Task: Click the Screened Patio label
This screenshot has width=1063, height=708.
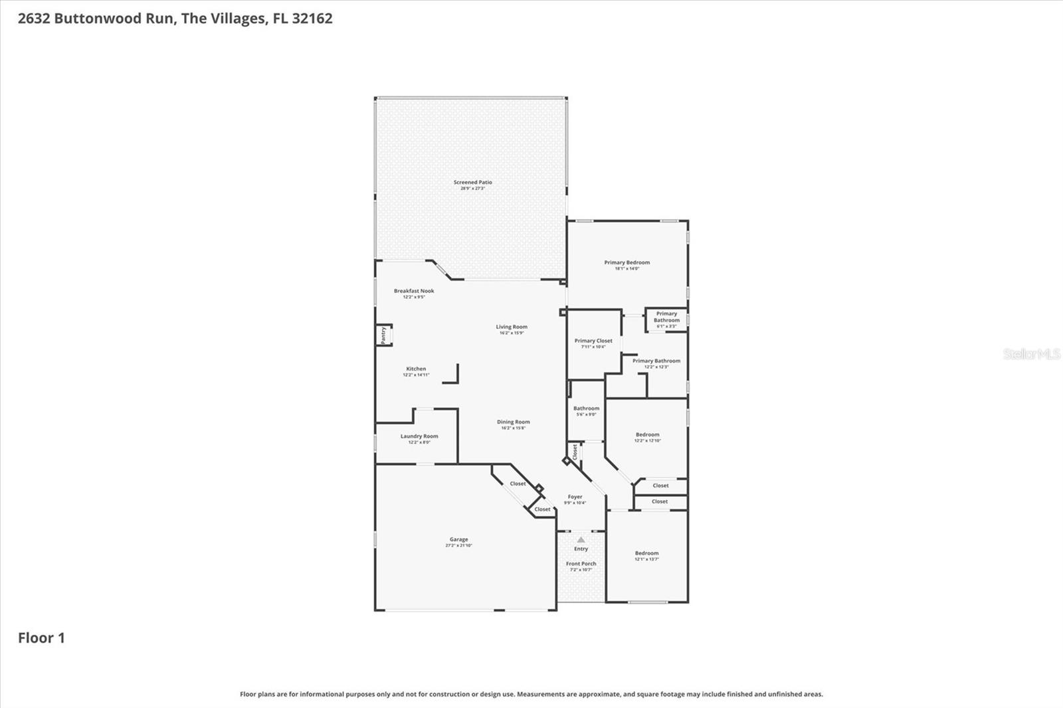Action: click(472, 182)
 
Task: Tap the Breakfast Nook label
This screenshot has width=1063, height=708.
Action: click(414, 291)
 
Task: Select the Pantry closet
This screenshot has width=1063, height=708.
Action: click(383, 335)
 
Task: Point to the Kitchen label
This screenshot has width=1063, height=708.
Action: click(416, 369)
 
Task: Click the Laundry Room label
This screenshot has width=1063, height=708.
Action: click(419, 436)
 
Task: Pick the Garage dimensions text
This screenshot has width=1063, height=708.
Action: click(458, 545)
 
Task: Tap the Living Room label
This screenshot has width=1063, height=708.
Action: click(512, 327)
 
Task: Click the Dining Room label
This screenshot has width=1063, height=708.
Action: click(513, 422)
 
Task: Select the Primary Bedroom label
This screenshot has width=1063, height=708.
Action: click(627, 262)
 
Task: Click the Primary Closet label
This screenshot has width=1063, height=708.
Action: click(593, 341)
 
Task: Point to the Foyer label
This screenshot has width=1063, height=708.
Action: click(575, 497)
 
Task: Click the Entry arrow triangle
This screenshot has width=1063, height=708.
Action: click(581, 539)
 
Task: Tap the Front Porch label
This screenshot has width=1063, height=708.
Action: click(581, 564)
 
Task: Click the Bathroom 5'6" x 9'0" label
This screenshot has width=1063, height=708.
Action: click(586, 408)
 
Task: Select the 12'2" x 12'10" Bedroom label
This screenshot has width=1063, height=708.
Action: click(647, 435)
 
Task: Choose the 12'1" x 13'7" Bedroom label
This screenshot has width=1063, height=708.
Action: click(646, 553)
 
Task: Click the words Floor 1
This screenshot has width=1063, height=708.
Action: click(41, 638)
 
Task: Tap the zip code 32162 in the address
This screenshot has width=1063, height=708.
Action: click(312, 19)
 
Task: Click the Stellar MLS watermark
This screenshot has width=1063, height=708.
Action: click(1031, 354)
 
